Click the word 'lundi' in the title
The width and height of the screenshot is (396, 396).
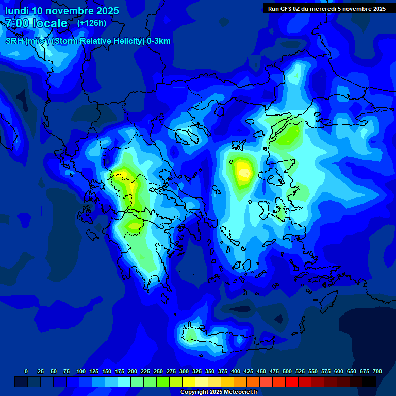pyautogui.click(x=16, y=11)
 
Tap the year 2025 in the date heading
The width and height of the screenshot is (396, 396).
pyautogui.click(x=104, y=11)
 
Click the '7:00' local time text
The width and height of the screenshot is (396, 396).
pyautogui.click(x=16, y=23)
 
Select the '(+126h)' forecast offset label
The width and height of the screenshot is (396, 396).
pyautogui.click(x=92, y=23)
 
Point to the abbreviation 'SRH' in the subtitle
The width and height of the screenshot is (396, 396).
pyautogui.click(x=14, y=41)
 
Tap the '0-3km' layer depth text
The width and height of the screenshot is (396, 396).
pyautogui.click(x=159, y=41)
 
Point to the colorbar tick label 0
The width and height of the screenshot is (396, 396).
pyautogui.click(x=26, y=371)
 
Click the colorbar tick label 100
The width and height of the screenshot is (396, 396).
pyautogui.click(x=81, y=371)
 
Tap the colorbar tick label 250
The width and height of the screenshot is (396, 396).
pyautogui.click(x=158, y=371)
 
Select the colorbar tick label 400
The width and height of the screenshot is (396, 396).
pyautogui.click(x=236, y=371)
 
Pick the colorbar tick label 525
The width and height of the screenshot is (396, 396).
pyautogui.click(x=300, y=371)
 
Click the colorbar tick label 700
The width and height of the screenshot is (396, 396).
pyautogui.click(x=377, y=371)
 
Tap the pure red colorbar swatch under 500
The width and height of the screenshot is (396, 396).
pyautogui.click(x=292, y=382)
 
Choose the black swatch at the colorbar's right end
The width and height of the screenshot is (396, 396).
pyautogui.click(x=369, y=382)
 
